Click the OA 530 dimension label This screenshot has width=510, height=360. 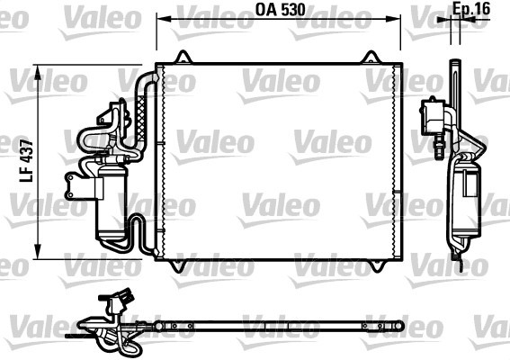[280, 9]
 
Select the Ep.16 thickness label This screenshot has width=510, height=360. [471, 9]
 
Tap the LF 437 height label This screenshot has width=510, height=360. [27, 160]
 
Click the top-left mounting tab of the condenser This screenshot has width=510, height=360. [184, 57]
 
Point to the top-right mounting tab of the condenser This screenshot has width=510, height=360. [371, 57]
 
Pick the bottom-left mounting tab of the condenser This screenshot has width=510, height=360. [179, 265]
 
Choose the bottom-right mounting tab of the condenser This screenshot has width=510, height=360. [378, 265]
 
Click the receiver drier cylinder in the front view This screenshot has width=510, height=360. [112, 202]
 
